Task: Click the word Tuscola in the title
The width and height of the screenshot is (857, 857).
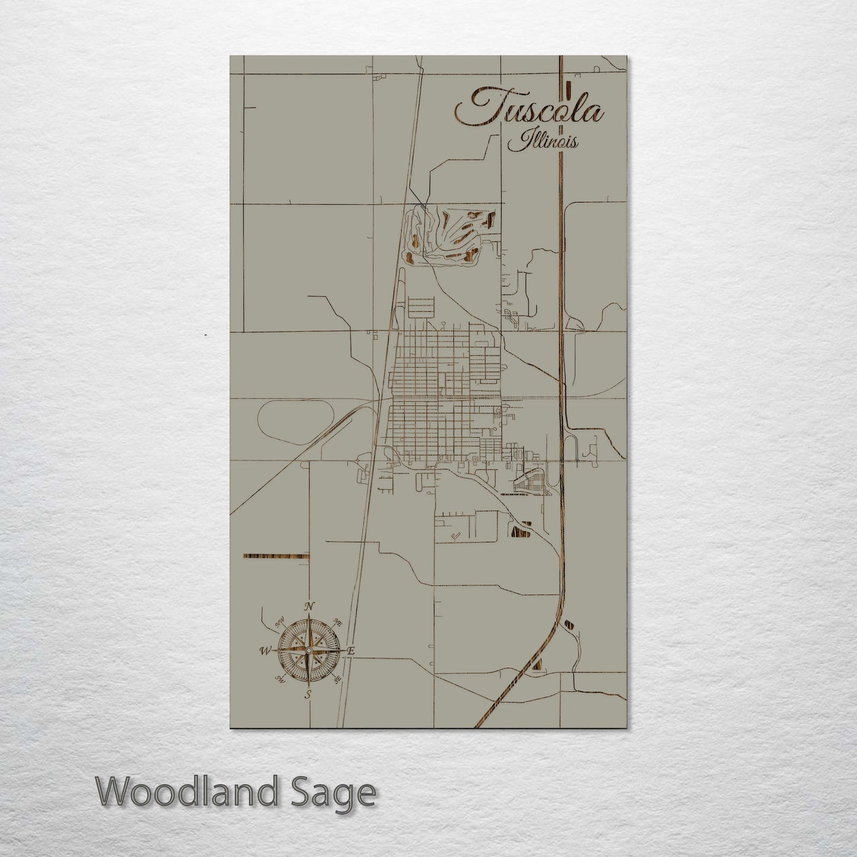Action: pos(529,109)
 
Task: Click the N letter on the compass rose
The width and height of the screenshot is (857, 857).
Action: pos(308,606)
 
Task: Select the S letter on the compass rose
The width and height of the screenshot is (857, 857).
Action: pos(308,694)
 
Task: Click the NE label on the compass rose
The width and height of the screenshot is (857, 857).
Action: pos(339,622)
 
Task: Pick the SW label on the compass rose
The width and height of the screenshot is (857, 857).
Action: pos(278,680)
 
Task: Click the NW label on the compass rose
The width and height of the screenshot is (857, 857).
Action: pos(279,623)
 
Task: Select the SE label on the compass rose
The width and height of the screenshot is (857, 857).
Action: pos(338,680)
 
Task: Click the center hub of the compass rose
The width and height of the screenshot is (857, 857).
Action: pos(308,651)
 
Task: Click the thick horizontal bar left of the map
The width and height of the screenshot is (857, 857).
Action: pos(276,556)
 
